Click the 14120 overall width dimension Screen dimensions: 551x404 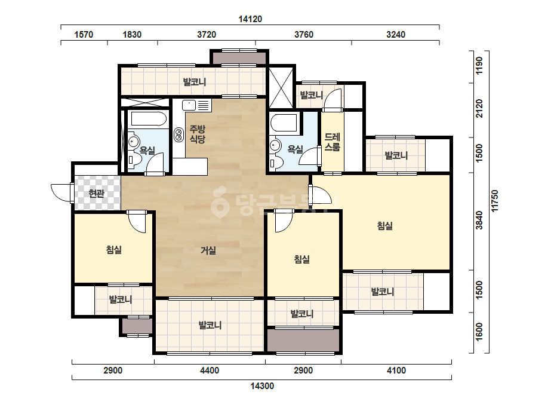pyautogui.click(x=250, y=19)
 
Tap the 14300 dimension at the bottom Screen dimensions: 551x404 pyautogui.click(x=262, y=386)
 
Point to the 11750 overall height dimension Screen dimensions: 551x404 pyautogui.click(x=495, y=201)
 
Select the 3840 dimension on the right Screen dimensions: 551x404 pyautogui.click(x=479, y=221)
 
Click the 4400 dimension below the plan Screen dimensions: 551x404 pyautogui.click(x=210, y=370)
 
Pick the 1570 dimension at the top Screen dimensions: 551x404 pyautogui.click(x=84, y=35)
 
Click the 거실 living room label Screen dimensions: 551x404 pyautogui.click(x=208, y=250)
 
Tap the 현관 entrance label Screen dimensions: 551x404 pyautogui.click(x=96, y=193)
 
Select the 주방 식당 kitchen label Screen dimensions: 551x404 pyautogui.click(x=197, y=134)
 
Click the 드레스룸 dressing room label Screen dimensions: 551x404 pyautogui.click(x=332, y=142)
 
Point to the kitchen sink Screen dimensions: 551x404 pyautogui.click(x=189, y=105)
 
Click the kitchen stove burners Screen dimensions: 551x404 pyautogui.click(x=178, y=135)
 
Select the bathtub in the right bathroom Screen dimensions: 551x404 pyautogui.click(x=284, y=122)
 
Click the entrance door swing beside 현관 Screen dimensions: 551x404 pyautogui.click(x=61, y=193)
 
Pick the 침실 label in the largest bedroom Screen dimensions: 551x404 pyautogui.click(x=385, y=225)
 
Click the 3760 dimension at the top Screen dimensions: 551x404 pyautogui.click(x=304, y=35)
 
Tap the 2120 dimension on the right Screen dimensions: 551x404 pyautogui.click(x=479, y=108)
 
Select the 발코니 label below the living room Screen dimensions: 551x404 pyautogui.click(x=210, y=325)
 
